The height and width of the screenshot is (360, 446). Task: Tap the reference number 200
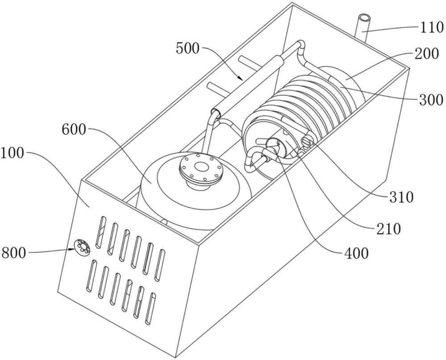(x=426, y=54)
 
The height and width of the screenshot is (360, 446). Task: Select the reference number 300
(x=431, y=100)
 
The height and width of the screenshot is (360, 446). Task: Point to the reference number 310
(x=401, y=197)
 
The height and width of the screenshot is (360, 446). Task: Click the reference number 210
(x=388, y=228)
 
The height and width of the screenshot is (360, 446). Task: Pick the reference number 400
(x=356, y=252)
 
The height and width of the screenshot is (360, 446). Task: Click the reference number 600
(x=74, y=130)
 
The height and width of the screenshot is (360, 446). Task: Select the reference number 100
(x=12, y=153)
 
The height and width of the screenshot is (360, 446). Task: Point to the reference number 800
(x=14, y=252)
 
